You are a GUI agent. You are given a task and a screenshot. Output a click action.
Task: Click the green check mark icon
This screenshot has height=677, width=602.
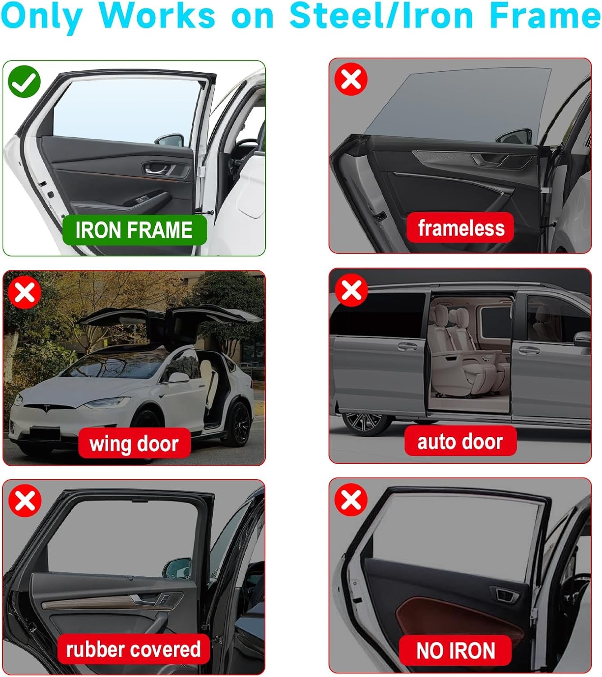pos(24,82)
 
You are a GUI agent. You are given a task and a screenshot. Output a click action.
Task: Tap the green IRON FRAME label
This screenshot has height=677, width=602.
pos(134,230)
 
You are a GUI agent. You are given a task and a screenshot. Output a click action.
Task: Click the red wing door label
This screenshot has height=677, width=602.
pos(134,443)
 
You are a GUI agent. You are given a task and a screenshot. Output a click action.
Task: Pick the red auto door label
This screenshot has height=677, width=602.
pos(460,441)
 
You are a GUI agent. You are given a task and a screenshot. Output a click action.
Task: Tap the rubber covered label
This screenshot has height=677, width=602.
pos(134,649)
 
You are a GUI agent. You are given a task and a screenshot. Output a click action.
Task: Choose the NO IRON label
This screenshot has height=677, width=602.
pos(455,650)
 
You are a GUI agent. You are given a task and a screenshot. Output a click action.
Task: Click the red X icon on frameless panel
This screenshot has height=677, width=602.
pos(351,79)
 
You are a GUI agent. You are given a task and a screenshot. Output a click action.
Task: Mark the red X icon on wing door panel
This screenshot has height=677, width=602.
pos(25,292)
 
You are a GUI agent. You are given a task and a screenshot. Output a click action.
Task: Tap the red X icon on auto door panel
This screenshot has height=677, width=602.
pos(352,290)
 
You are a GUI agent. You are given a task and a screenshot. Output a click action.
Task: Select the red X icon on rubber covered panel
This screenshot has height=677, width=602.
pos(25,501)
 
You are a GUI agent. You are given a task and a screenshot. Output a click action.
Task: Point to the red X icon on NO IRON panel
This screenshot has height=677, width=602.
pos(351,500)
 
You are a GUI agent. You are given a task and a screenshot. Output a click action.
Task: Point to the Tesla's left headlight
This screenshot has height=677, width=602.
pos(107,402)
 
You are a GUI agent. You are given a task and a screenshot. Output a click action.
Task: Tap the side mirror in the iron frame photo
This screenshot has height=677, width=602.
pos(170,140)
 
